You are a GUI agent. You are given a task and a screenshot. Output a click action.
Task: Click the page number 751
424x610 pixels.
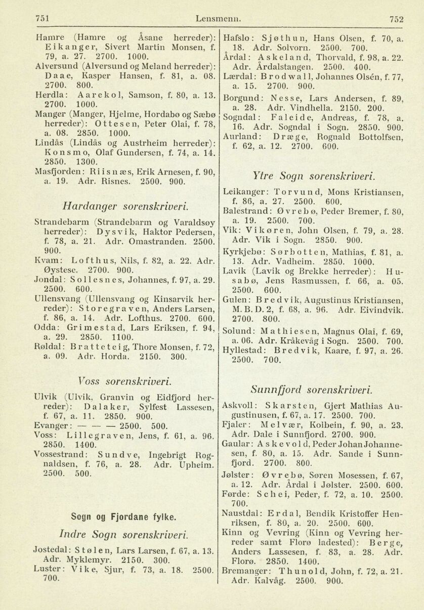43,19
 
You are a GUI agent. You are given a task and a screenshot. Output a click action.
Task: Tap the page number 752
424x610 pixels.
397,19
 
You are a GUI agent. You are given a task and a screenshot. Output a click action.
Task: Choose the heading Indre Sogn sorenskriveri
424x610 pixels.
123,534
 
